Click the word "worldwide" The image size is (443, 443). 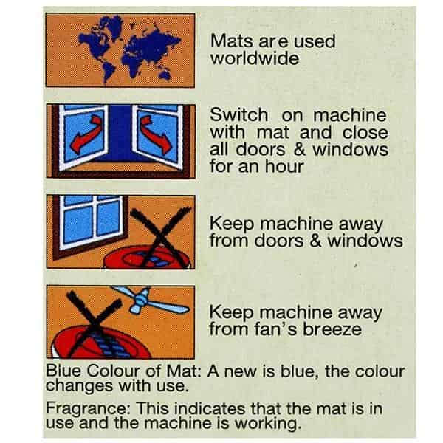[255, 58]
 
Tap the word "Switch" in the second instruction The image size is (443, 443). [238, 115]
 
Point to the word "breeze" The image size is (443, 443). [332, 329]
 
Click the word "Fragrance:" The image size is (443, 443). [88, 408]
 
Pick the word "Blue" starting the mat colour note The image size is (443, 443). [63, 370]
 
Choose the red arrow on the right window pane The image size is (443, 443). [157, 134]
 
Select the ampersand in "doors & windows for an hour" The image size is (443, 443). [300, 149]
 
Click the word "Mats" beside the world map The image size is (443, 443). [231, 41]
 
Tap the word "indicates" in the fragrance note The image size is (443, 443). [210, 408]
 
